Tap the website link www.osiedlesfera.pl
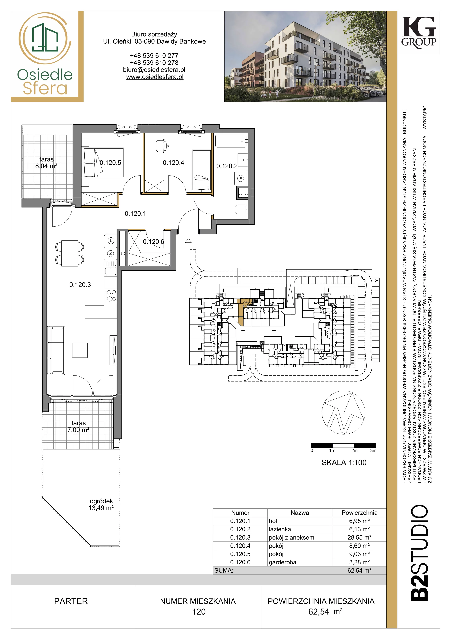pos(155,77)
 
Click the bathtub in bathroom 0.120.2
pos(231,141)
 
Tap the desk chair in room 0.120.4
pos(161,146)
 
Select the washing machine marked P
pos(241,178)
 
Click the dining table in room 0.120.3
pos(69,253)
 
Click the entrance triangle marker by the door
pos(188,240)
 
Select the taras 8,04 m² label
pos(46,163)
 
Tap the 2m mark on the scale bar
pos(354,450)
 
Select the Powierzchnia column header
pos(359,513)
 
